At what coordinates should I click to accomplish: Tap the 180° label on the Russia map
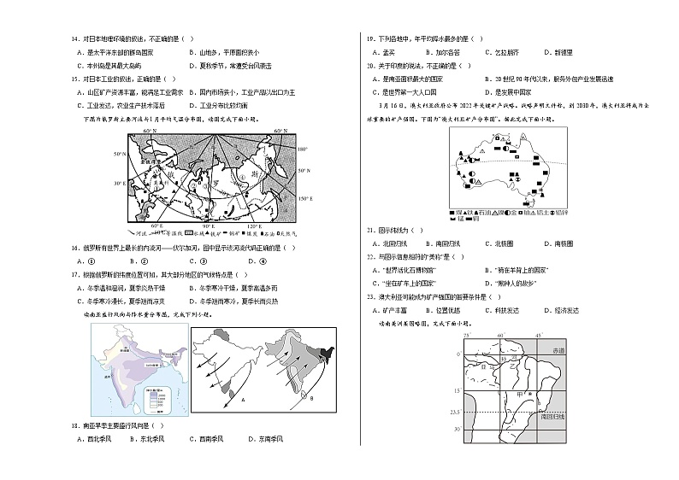[300, 149]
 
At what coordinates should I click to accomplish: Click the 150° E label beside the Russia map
[301, 199]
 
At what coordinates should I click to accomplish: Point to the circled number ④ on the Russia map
[243, 177]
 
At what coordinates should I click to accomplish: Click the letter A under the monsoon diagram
[221, 398]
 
